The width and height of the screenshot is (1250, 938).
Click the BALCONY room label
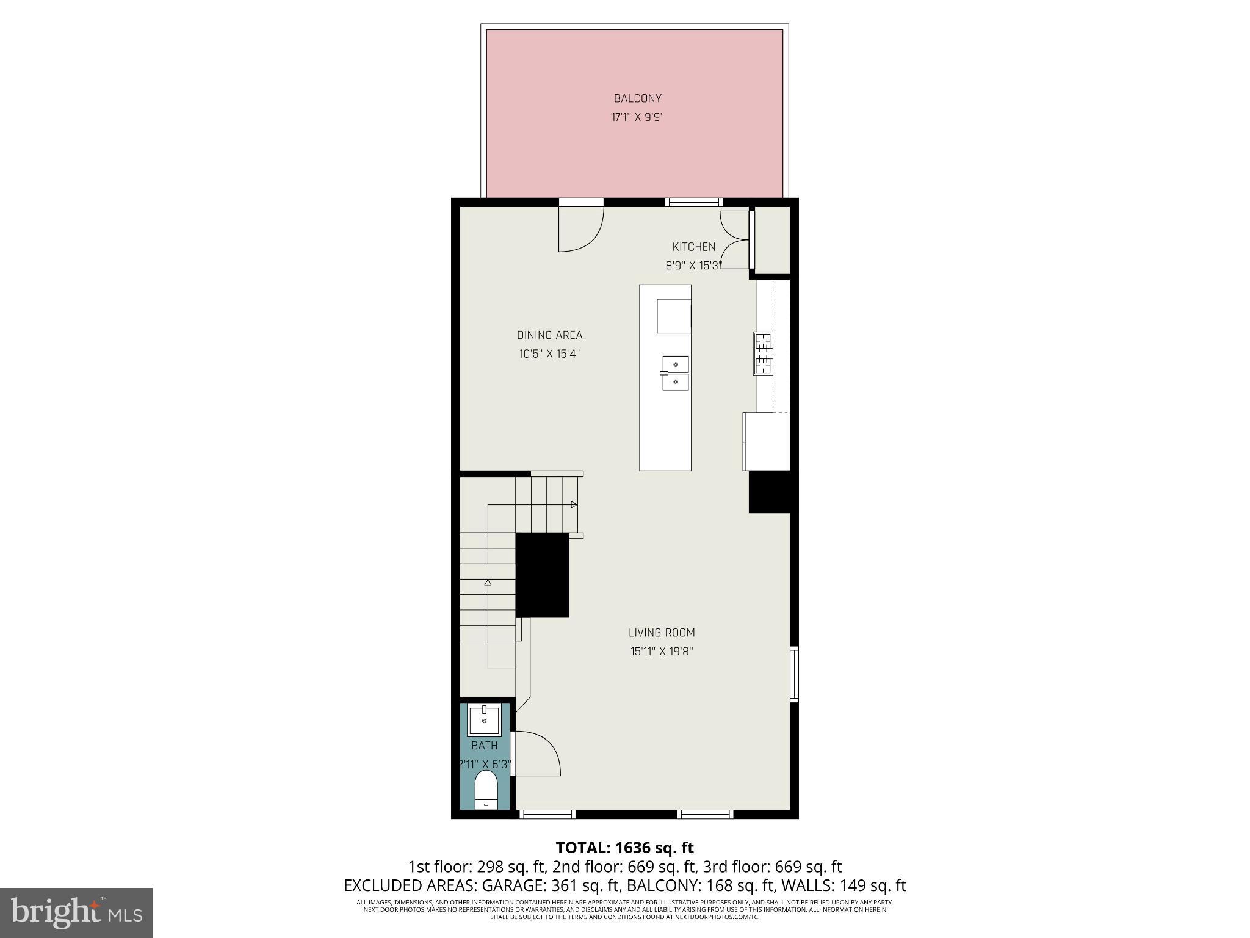click(637, 98)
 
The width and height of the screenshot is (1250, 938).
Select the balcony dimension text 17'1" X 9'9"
click(637, 117)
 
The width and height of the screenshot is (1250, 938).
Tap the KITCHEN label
click(693, 247)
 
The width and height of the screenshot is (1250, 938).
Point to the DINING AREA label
click(549, 335)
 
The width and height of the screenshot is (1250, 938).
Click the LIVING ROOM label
click(662, 633)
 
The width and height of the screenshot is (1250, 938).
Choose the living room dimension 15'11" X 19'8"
click(662, 652)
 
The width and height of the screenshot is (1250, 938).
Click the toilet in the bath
click(486, 790)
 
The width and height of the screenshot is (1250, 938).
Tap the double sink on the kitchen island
click(676, 373)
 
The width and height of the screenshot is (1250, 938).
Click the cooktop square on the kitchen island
click(674, 316)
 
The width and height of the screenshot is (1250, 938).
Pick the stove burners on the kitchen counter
click(763, 354)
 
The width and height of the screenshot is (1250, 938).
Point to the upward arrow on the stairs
click(488, 583)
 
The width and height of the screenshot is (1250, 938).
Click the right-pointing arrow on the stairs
click(574, 504)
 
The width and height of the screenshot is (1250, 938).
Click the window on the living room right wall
click(794, 674)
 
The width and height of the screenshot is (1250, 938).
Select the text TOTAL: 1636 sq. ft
click(624, 848)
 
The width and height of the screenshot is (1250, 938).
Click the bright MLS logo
click(76, 912)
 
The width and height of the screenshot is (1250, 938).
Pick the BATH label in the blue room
click(485, 746)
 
